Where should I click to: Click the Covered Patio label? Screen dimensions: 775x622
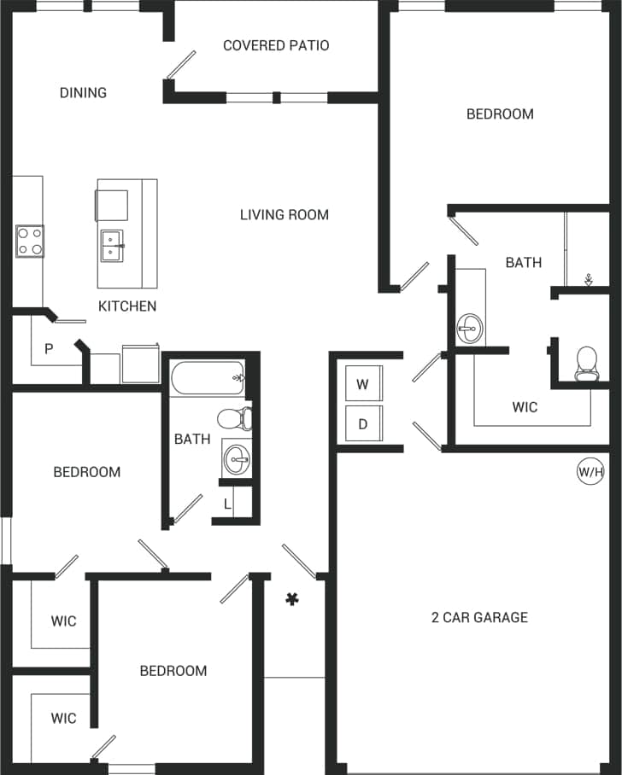(276, 45)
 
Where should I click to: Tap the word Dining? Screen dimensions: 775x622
(83, 92)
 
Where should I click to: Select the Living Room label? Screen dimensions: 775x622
(284, 214)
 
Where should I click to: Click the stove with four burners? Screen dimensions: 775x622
(29, 241)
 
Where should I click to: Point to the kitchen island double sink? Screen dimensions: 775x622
(112, 246)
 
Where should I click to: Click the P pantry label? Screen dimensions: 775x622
(49, 348)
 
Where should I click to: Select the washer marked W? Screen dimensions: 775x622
(362, 384)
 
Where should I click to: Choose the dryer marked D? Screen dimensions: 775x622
(362, 424)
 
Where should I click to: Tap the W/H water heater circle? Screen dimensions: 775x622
(590, 470)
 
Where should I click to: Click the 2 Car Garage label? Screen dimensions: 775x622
(478, 617)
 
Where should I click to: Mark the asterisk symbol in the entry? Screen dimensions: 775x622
(292, 600)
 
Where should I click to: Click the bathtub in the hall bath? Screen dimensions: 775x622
(208, 376)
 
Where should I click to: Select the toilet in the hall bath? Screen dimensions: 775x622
(233, 418)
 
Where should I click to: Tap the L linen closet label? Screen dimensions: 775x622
(227, 504)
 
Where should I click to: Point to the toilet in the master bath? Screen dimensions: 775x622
(587, 363)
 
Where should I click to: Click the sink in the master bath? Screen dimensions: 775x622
(469, 325)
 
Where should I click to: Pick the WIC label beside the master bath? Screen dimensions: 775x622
(525, 407)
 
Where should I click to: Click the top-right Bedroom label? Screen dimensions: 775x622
(500, 114)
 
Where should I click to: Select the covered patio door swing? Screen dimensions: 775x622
(181, 65)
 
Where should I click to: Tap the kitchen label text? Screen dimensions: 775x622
(127, 306)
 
